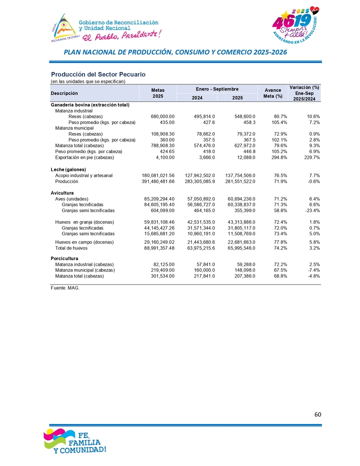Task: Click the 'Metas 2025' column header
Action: (158, 93)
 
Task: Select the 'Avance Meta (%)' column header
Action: (273, 93)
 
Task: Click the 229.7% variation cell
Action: (311, 158)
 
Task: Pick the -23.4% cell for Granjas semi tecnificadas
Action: (311, 210)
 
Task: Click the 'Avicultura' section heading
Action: (62, 193)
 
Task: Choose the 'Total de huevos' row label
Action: (71, 248)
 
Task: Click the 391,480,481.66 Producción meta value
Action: (158, 181)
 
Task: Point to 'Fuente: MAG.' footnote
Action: (65, 288)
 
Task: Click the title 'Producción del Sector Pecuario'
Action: (98, 75)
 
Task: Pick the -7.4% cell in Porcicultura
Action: (312, 270)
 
